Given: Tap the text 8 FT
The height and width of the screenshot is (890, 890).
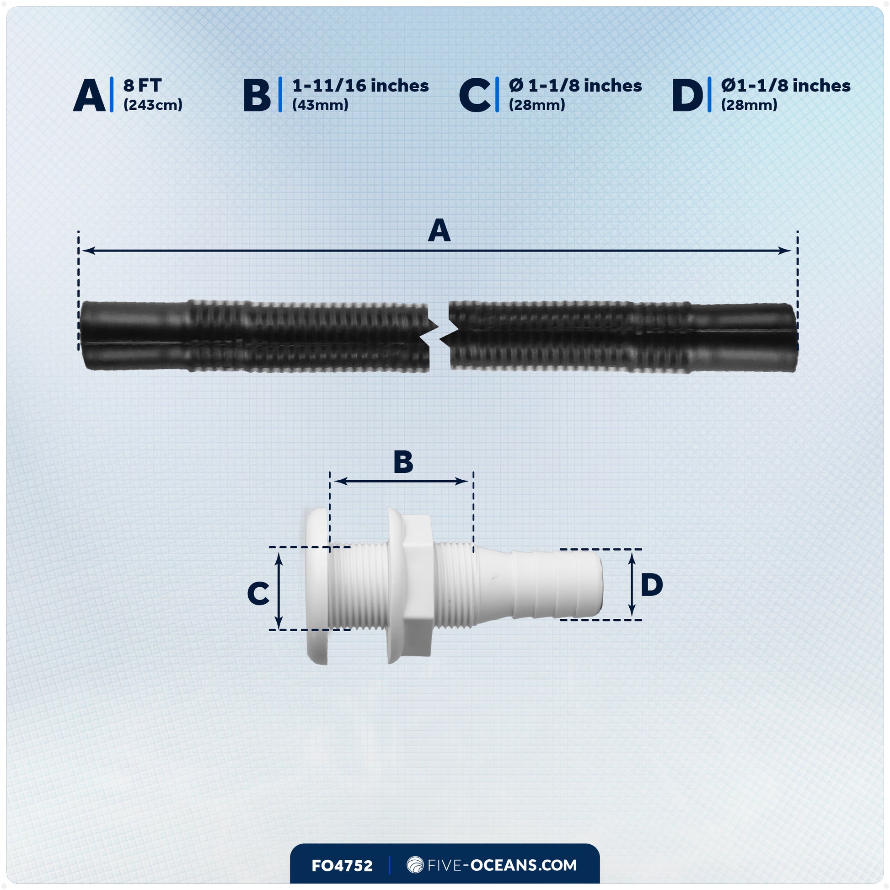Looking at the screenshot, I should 142,86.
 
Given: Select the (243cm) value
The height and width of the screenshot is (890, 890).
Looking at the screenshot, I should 153,105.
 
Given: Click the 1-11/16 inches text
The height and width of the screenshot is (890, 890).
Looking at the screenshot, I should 360,86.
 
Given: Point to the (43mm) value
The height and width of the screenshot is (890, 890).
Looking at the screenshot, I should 320,105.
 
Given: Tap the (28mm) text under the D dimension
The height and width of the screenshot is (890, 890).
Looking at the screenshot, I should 749,105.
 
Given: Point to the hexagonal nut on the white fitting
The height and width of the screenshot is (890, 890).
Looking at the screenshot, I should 417,585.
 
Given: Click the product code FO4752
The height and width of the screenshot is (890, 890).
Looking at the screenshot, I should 342,866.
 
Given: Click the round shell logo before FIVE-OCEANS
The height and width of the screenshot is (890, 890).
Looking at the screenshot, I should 415,865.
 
